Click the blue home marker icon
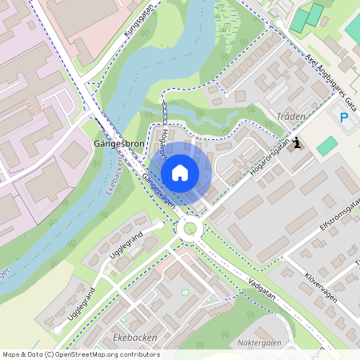[x=180, y=173]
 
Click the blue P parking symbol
[x=345, y=118]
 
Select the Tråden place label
[x=290, y=117]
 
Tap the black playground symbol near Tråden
[x=298, y=143]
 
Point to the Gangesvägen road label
[x=158, y=189]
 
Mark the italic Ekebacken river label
[x=114, y=174]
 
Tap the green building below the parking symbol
[x=326, y=146]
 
